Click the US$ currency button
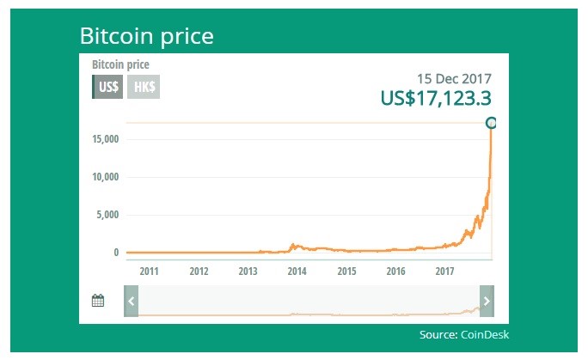[x=108, y=87]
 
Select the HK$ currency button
[x=143, y=87]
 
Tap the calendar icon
[x=98, y=301]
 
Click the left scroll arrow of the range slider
[x=130, y=301]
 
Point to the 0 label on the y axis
[x=115, y=253]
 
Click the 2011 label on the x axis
[x=150, y=272]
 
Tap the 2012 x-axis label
[x=199, y=272]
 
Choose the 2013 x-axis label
[x=248, y=272]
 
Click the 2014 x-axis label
[x=297, y=272]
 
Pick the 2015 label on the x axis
[x=346, y=272]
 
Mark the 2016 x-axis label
[x=396, y=272]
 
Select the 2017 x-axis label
[x=445, y=272]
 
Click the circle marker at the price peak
[x=491, y=123]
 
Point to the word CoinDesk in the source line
[x=489, y=334]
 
